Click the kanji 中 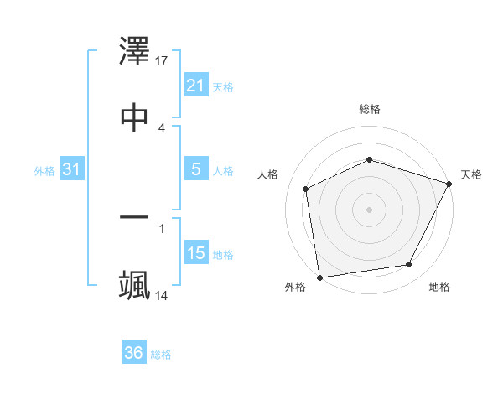[134, 117]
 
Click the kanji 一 [134, 218]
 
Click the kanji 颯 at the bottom [134, 284]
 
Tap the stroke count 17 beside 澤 [163, 61]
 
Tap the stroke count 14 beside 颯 [163, 295]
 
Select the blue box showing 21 [195, 86]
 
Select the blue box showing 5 [195, 169]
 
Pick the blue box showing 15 [195, 253]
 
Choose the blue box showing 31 [72, 169]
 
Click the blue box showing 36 [133, 353]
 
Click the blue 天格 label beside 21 [223, 86]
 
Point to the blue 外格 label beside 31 [44, 170]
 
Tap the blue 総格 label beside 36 [161, 354]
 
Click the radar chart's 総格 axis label [370, 109]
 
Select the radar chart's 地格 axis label [439, 287]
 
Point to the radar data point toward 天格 [450, 184]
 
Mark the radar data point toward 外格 [319, 277]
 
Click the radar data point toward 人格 [306, 189]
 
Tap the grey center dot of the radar [369, 209]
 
